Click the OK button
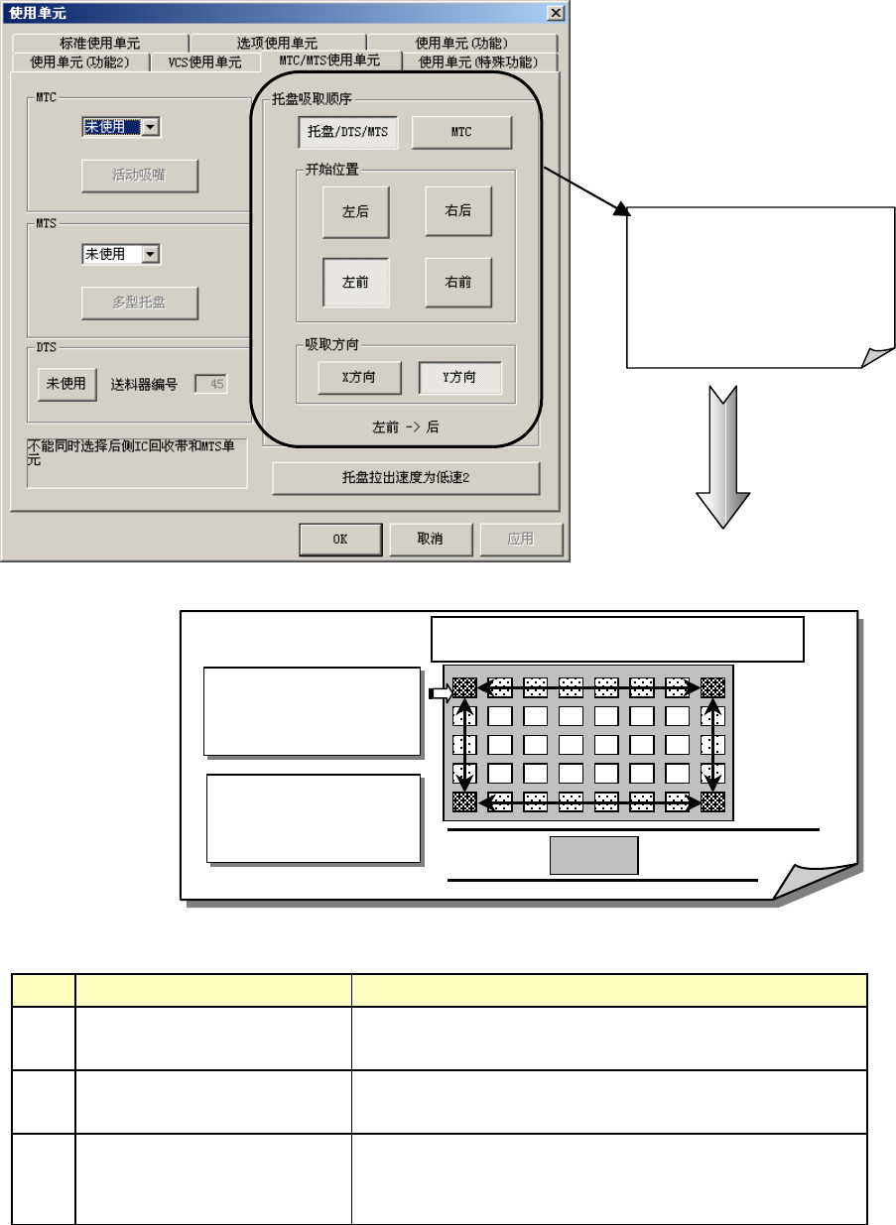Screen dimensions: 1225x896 (x=340, y=540)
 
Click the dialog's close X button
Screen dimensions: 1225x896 (x=556, y=12)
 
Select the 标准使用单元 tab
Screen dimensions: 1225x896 (x=100, y=43)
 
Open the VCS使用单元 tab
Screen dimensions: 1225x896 (x=204, y=61)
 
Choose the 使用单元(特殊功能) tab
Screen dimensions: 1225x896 (x=477, y=61)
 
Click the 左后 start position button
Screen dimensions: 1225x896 (x=355, y=211)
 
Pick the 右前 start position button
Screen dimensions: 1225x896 (x=458, y=283)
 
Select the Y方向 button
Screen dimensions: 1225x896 (x=459, y=378)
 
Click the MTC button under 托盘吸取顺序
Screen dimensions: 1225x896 (x=461, y=132)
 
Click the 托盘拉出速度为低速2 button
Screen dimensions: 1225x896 (x=406, y=478)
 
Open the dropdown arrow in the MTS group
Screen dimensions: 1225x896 (x=151, y=255)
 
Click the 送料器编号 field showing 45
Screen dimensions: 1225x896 (x=209, y=384)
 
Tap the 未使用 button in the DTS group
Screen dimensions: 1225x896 (x=66, y=384)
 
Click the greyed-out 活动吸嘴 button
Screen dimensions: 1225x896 (x=140, y=176)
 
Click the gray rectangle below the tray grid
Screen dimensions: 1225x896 (x=594, y=855)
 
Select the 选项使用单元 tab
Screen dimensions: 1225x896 (x=277, y=43)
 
